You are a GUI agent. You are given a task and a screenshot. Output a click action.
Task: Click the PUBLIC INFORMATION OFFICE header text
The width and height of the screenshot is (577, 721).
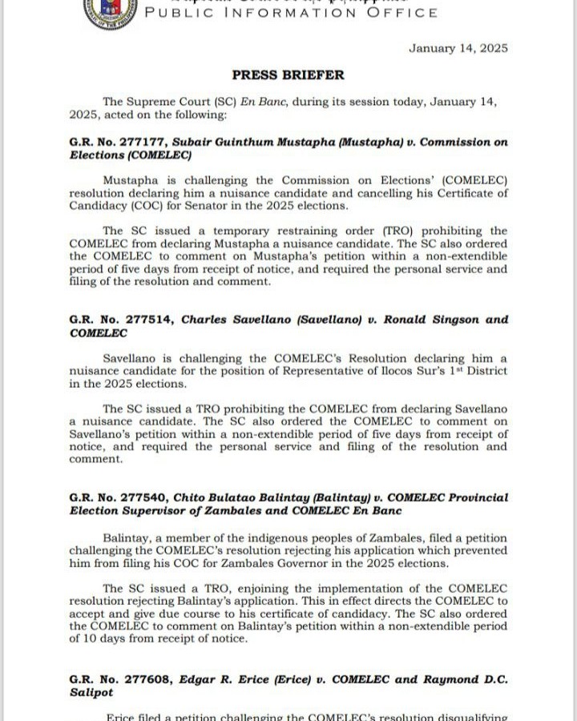pos(291,13)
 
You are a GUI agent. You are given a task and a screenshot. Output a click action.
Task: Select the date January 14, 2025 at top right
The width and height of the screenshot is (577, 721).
pos(458,48)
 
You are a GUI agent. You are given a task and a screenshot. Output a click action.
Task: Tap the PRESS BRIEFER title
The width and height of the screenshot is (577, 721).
pos(288,75)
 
